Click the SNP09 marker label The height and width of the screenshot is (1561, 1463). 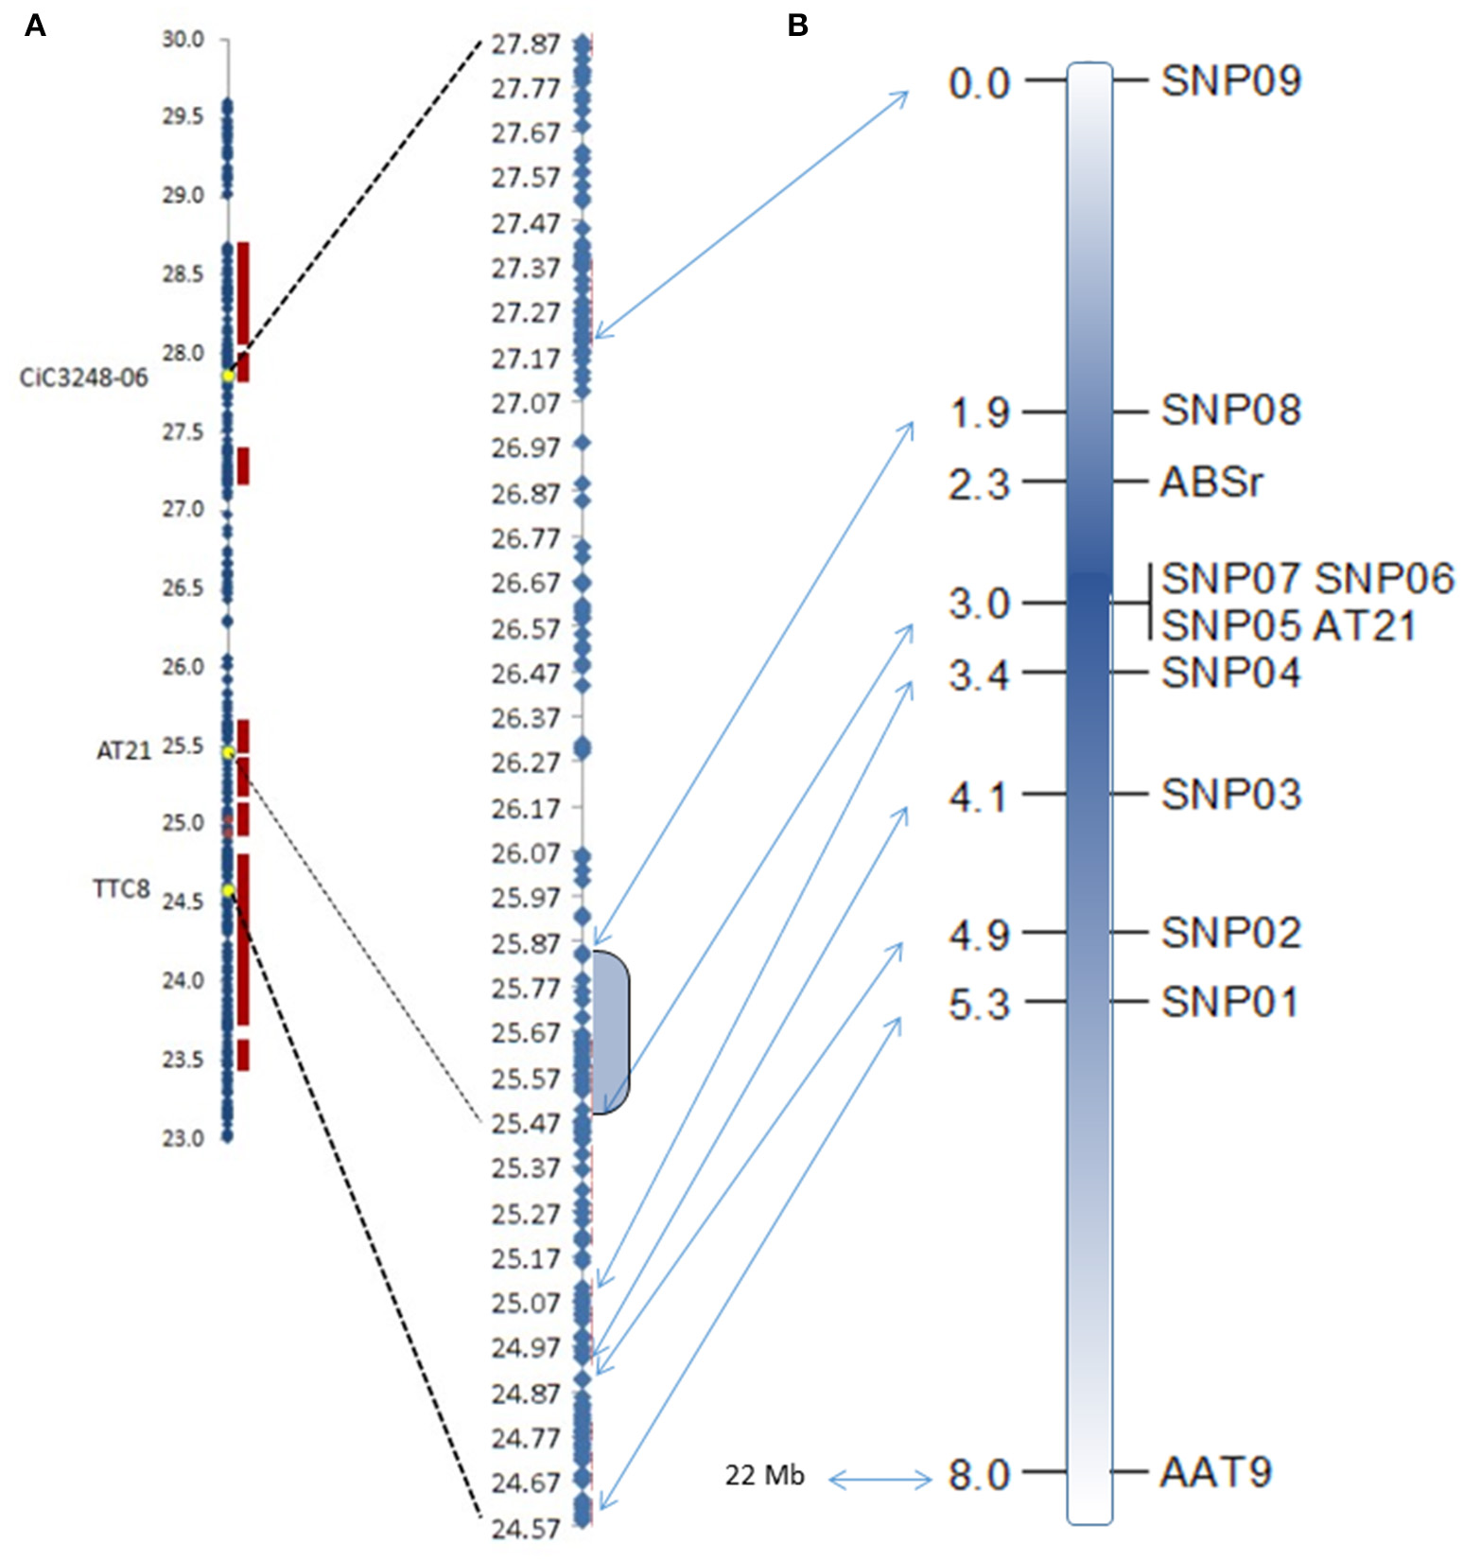point(1230,81)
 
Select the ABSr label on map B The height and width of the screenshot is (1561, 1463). point(1210,482)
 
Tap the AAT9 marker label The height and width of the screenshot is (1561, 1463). point(1215,1472)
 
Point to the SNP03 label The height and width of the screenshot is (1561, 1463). point(1230,795)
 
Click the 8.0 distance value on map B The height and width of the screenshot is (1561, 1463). point(980,1475)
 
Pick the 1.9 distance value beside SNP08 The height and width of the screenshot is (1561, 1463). point(980,412)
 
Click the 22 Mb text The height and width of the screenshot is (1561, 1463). point(764,1475)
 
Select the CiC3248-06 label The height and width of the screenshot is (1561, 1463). point(84,378)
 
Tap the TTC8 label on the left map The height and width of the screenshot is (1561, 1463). point(121,888)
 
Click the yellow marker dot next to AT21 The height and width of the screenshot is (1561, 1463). point(229,752)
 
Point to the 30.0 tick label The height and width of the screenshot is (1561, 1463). point(183,39)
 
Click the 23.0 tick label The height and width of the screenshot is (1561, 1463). point(183,1138)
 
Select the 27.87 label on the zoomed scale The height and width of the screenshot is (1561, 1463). point(526,44)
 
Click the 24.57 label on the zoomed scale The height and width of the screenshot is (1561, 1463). point(526,1528)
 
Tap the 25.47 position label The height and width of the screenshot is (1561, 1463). point(526,1124)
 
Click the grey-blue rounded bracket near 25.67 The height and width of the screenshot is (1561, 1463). point(611,1032)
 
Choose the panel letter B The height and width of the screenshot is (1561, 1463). point(797,26)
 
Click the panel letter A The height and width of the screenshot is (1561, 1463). point(35,26)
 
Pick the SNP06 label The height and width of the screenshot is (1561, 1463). point(1385,578)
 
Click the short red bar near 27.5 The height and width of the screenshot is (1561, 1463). point(243,465)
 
